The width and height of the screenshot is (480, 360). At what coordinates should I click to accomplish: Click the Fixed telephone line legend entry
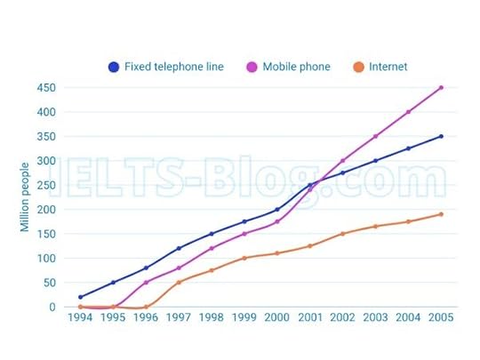[165, 67]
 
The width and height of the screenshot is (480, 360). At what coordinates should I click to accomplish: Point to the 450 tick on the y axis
[47, 88]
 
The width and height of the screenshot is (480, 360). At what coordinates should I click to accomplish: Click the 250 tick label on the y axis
[47, 186]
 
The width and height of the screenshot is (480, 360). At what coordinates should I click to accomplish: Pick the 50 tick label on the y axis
[50, 283]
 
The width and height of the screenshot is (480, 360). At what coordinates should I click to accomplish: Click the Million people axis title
[25, 196]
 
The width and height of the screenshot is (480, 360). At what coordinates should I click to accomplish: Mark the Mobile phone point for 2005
[440, 88]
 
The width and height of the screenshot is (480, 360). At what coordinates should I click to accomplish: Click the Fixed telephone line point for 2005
[440, 137]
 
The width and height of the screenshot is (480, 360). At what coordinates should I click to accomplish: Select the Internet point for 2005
[440, 214]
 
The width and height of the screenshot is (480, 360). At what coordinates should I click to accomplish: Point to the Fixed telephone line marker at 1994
[80, 297]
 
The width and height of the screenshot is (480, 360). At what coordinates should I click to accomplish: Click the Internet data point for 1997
[179, 283]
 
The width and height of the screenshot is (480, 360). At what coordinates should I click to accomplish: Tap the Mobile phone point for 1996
[146, 283]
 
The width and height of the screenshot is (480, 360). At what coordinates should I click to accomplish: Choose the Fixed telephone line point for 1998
[212, 234]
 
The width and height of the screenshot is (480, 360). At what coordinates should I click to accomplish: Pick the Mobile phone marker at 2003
[375, 137]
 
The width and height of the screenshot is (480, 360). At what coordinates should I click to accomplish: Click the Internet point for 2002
[342, 234]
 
